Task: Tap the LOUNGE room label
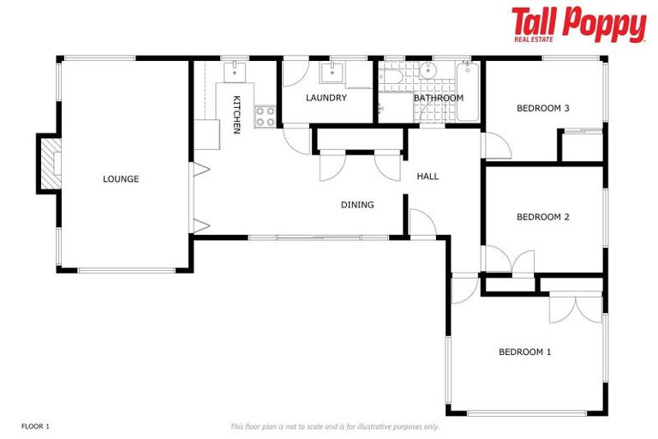point(121,179)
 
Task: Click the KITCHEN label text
point(237,115)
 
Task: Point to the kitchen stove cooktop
point(265,116)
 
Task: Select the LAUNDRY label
point(326,98)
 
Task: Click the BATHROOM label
point(438,98)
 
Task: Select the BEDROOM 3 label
point(542,108)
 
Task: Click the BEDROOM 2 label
point(542,217)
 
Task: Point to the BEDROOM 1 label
point(524,352)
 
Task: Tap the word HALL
point(428,177)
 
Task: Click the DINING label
point(357,205)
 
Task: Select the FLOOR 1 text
point(36,426)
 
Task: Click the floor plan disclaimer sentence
point(334,426)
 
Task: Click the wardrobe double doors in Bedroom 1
point(577,308)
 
